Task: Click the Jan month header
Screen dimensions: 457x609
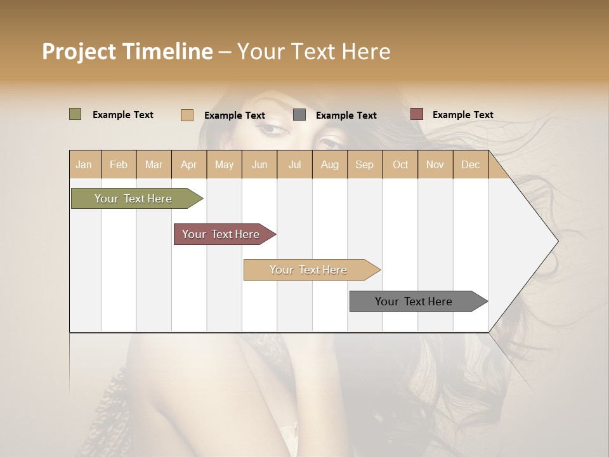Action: pyautogui.click(x=84, y=165)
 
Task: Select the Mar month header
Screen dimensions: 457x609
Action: pyautogui.click(x=154, y=165)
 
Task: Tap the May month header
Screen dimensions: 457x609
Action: pyautogui.click(x=224, y=165)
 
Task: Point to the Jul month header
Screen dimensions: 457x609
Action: pyautogui.click(x=294, y=165)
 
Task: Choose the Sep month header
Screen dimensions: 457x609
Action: pyautogui.click(x=364, y=165)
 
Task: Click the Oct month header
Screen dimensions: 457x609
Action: pyautogui.click(x=400, y=165)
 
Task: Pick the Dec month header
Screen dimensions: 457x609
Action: pyautogui.click(x=470, y=165)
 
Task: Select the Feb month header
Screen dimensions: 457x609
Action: pyautogui.click(x=119, y=165)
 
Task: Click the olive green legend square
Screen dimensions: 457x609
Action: pyautogui.click(x=75, y=114)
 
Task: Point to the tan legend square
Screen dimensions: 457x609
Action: pyautogui.click(x=187, y=115)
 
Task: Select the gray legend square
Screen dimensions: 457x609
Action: pyautogui.click(x=299, y=115)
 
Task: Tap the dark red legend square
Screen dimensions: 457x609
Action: pyautogui.click(x=417, y=114)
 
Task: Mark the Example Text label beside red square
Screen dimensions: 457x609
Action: pyautogui.click(x=462, y=115)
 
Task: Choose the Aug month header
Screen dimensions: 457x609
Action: pyautogui.click(x=329, y=165)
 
